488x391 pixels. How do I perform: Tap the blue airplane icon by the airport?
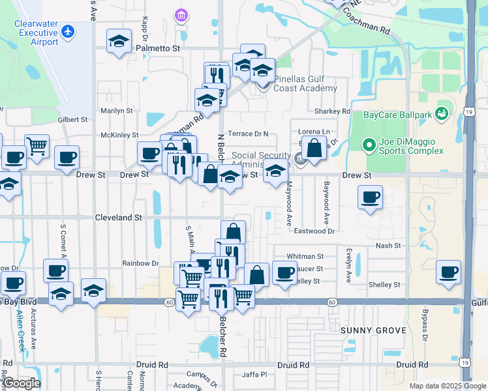[x=67, y=31]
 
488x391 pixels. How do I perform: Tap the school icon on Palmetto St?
[x=119, y=41]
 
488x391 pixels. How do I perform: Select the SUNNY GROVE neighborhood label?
[x=374, y=330]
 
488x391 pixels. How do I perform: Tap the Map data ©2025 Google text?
[x=447, y=386]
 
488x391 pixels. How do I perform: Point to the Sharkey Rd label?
[x=332, y=111]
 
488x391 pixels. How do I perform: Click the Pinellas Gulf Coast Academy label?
[x=305, y=83]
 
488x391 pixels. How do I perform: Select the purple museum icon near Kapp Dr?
[x=181, y=15]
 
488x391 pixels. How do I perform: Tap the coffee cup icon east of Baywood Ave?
[x=370, y=197]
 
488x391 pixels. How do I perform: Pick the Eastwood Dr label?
[x=314, y=231]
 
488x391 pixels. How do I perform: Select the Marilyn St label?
[x=117, y=111]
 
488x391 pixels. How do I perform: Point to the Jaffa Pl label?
[x=254, y=375]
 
